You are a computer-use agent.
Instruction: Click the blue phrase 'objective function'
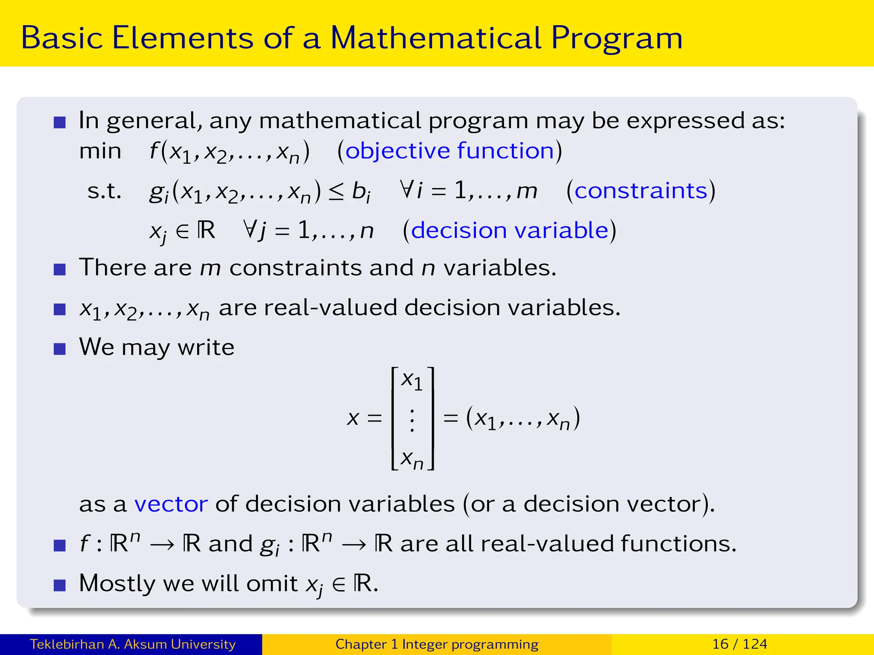449,151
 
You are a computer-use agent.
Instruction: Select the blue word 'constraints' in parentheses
641,190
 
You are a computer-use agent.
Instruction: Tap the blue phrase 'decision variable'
509,230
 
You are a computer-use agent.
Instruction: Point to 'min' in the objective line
100,151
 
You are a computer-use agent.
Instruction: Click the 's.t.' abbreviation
104,191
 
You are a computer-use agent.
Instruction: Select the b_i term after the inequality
361,191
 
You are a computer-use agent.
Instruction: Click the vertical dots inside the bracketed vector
412,420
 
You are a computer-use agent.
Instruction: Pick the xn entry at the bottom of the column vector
412,460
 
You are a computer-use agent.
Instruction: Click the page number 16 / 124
740,644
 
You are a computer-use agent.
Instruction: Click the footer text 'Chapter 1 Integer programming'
437,644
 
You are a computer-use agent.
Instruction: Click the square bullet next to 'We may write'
60,349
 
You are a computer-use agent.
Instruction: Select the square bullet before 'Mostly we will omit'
60,585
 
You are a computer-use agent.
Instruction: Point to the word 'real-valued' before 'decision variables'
330,307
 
